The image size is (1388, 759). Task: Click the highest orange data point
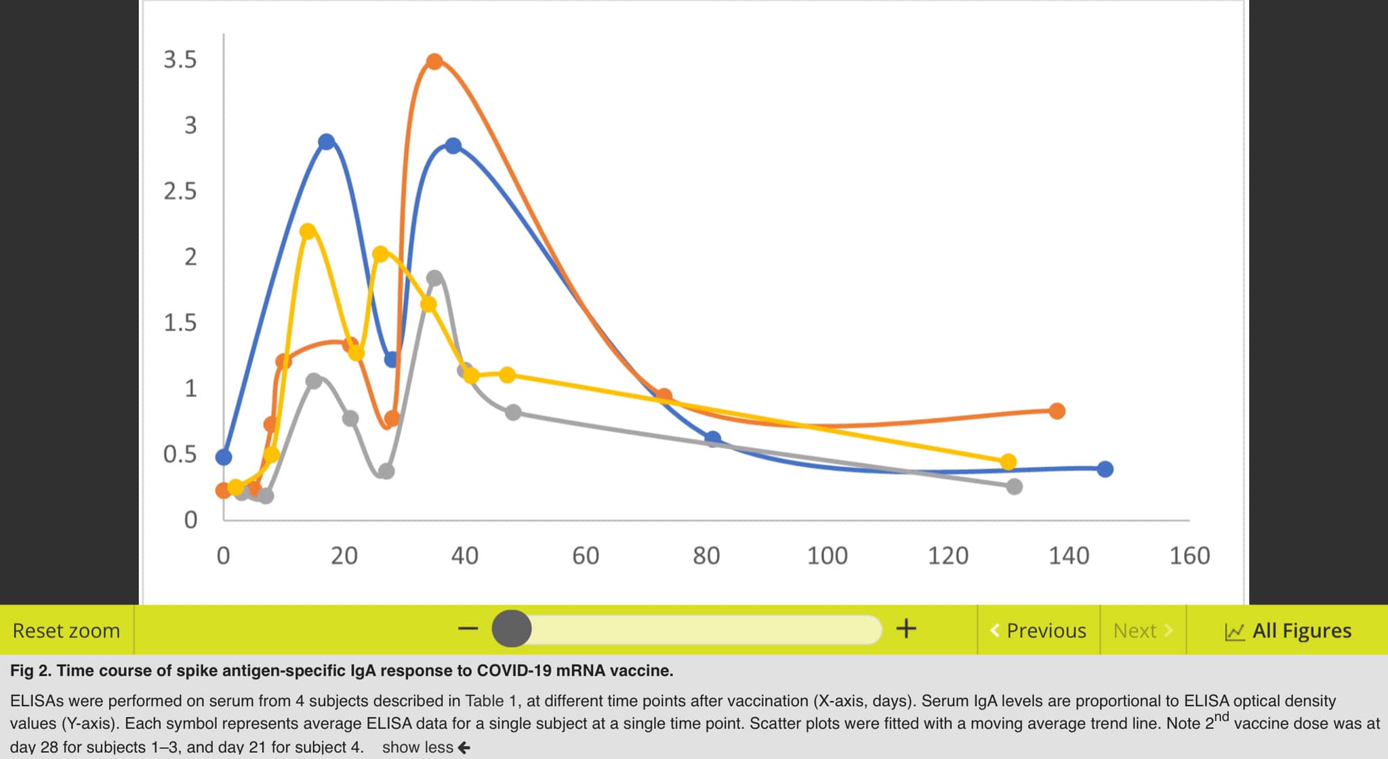coord(434,62)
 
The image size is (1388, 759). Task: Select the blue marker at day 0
coord(224,457)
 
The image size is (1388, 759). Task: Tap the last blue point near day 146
coord(1105,469)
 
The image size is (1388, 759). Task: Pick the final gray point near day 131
coord(1014,487)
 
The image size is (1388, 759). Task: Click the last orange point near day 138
coord(1057,411)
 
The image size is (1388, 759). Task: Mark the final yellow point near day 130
coord(1008,462)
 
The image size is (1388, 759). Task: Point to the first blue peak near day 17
coord(327,142)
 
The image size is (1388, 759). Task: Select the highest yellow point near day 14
coord(308,231)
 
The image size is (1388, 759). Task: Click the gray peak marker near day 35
coord(434,278)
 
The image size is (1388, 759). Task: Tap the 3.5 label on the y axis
coord(180,60)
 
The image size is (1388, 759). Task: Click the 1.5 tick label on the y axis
coord(180,323)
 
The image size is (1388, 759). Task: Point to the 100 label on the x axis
coord(827,556)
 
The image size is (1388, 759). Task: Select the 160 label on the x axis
coord(1189,556)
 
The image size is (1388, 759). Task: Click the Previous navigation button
coord(1039,630)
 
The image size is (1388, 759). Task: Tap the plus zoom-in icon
coord(906,629)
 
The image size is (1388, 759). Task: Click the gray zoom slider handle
coord(512,629)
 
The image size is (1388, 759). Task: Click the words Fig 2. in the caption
coord(30,670)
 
